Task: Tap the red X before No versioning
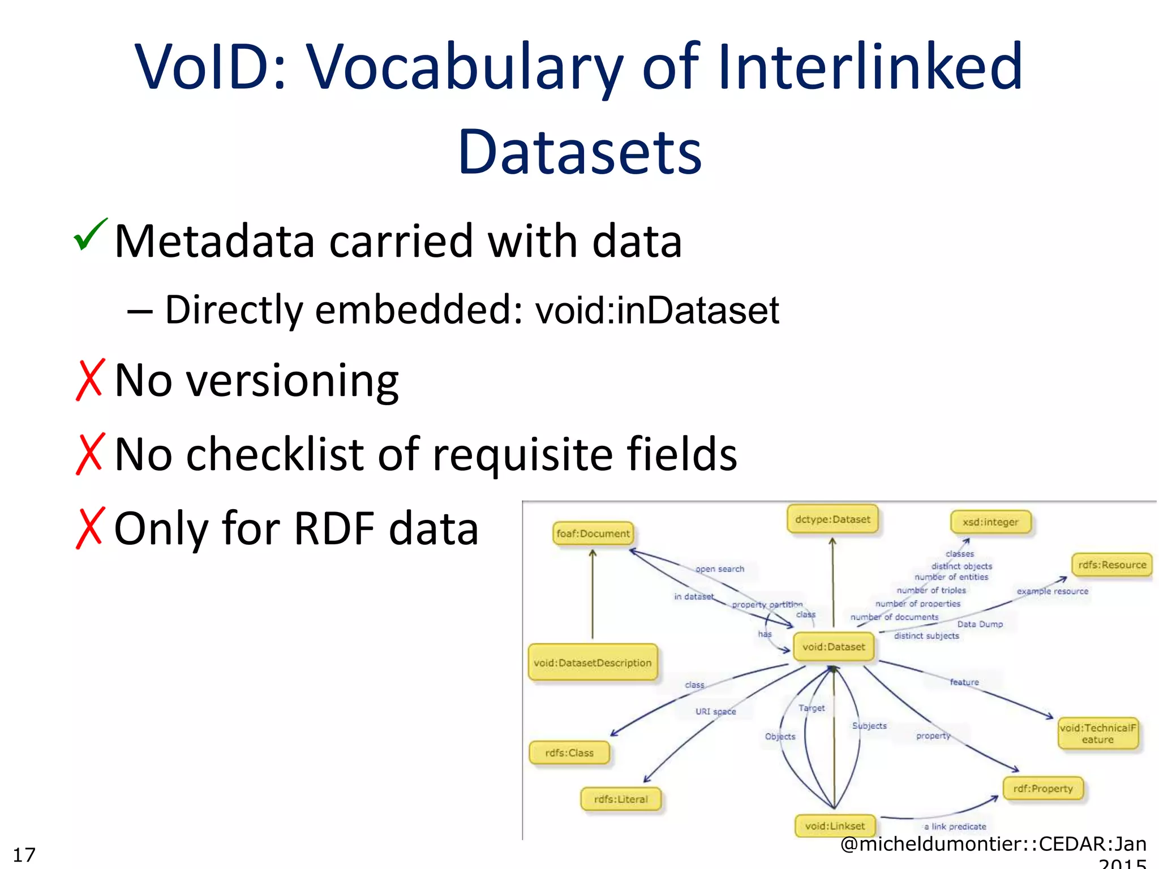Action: tap(89, 380)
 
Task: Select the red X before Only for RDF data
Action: tap(89, 528)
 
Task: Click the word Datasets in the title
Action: tap(579, 152)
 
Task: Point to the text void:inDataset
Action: tap(657, 310)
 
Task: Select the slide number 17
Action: tap(24, 854)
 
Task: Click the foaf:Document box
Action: tap(593, 534)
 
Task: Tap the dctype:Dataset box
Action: tap(832, 519)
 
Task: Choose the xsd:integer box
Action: tap(990, 522)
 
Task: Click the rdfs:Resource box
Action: tap(1111, 565)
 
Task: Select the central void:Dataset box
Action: tap(834, 647)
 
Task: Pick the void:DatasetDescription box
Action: tap(593, 662)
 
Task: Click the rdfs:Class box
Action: tap(569, 753)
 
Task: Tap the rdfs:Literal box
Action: tap(621, 799)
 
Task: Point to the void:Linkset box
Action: tap(835, 826)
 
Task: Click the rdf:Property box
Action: tap(1043, 789)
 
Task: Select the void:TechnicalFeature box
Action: tap(1097, 734)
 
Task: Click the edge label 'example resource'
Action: tap(1053, 591)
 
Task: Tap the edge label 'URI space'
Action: tap(716, 712)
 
